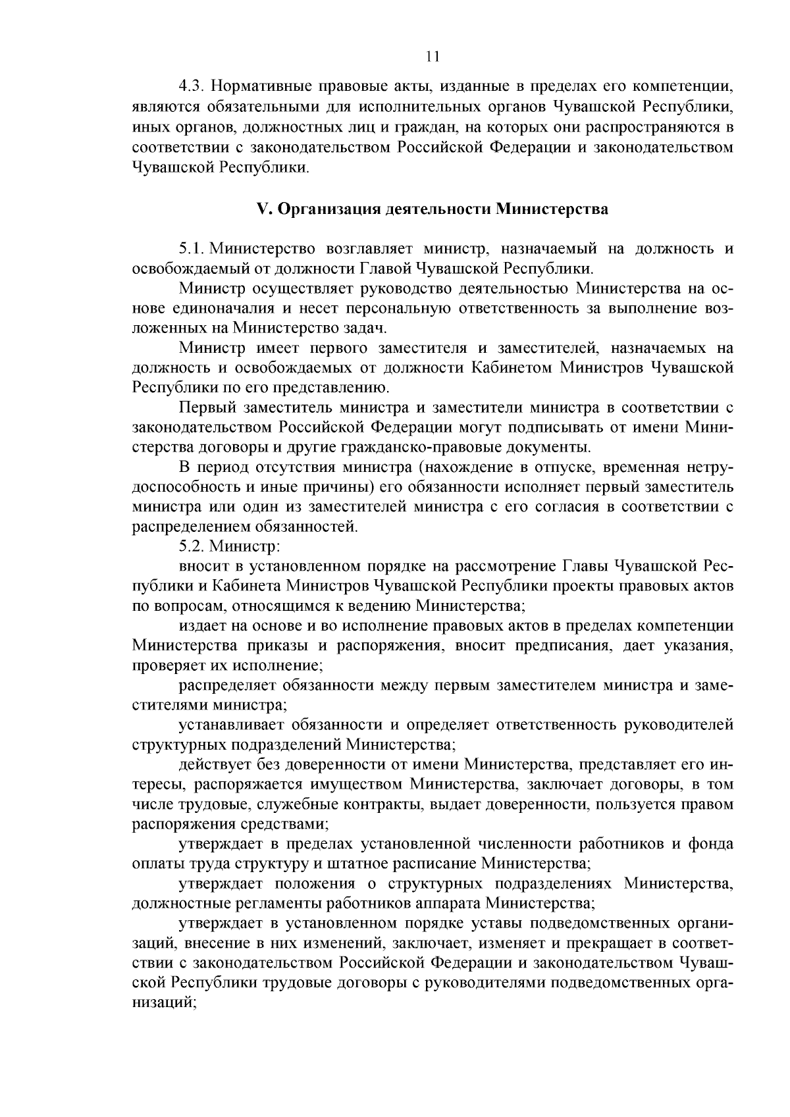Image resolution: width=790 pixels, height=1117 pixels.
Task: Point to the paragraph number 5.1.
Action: (192, 249)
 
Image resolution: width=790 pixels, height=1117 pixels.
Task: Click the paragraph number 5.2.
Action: (192, 546)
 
